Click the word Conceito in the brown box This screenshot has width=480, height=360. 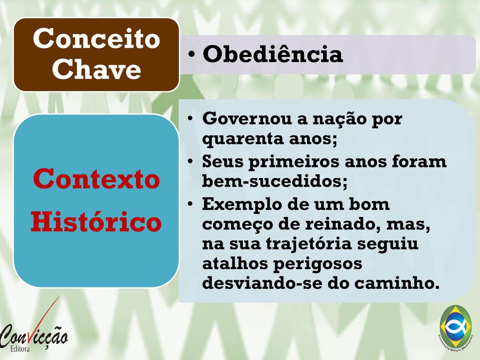coord(97,38)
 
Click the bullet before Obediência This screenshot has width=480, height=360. coord(192,54)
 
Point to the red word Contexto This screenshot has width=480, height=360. coord(97,179)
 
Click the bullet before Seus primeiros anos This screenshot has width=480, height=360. coord(191,161)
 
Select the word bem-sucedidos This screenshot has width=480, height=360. coord(275,181)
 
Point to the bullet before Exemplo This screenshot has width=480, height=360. coord(191,203)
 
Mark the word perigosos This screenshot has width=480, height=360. coord(318,264)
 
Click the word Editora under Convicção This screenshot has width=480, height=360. coord(20,349)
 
